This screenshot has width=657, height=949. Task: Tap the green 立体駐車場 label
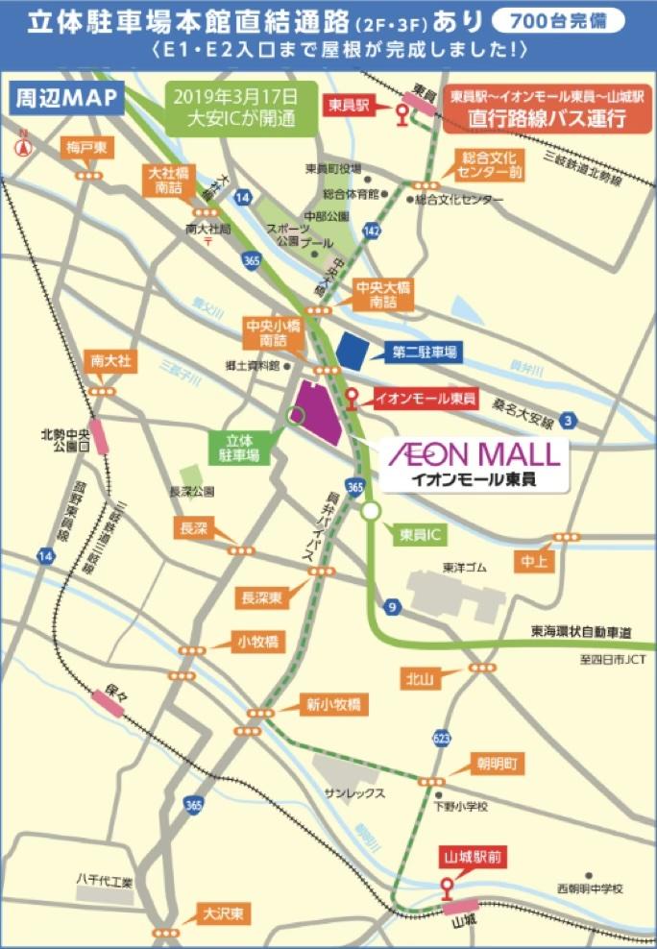click(x=235, y=450)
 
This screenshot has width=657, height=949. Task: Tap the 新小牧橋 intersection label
click(x=332, y=704)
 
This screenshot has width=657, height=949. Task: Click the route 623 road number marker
click(x=441, y=738)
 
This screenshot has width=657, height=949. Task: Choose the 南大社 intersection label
click(x=110, y=361)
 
